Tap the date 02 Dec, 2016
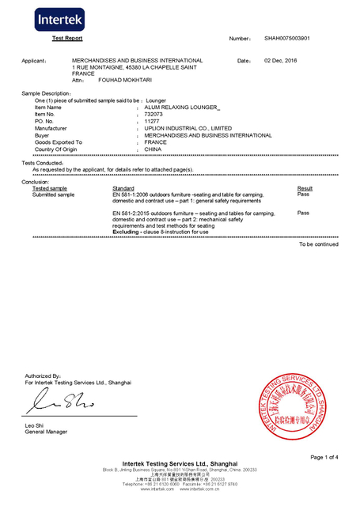pyautogui.click(x=280, y=60)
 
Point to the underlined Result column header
pyautogui.click(x=305, y=188)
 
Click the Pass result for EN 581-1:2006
pyautogui.click(x=302, y=194)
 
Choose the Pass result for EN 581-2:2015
pyautogui.click(x=302, y=213)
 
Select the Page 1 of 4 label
pyautogui.click(x=324, y=457)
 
